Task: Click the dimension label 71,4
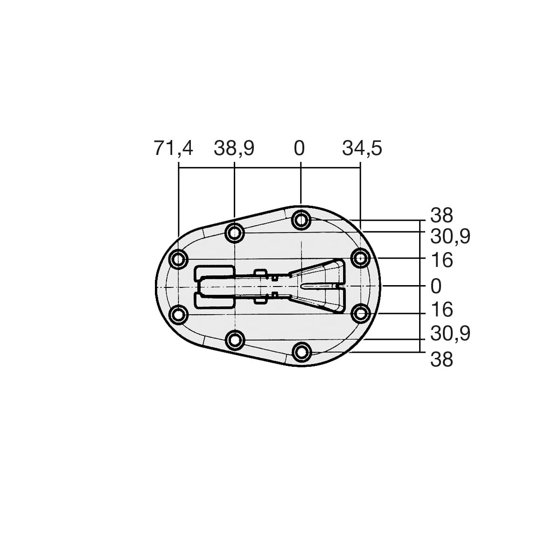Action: pyautogui.click(x=173, y=148)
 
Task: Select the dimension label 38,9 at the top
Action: pyautogui.click(x=234, y=148)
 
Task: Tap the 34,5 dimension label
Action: pyautogui.click(x=362, y=148)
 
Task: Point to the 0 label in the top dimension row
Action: pyautogui.click(x=299, y=148)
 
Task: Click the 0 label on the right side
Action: pyautogui.click(x=436, y=286)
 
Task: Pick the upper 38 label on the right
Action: pyautogui.click(x=441, y=215)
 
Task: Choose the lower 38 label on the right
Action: pyautogui.click(x=441, y=359)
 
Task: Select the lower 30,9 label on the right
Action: pyautogui.click(x=450, y=334)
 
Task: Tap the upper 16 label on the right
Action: pyautogui.click(x=441, y=260)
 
